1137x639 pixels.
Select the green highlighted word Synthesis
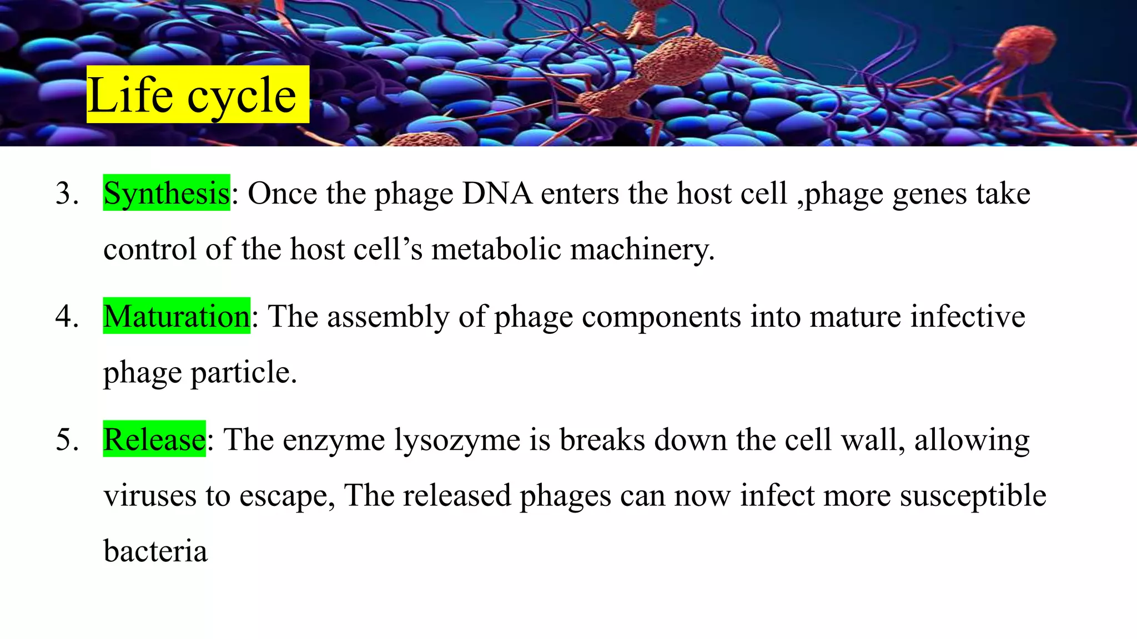click(x=167, y=193)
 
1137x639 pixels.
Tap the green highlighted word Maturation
click(x=177, y=316)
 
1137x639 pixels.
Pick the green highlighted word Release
click(x=154, y=439)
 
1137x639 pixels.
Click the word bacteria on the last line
click(x=155, y=551)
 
